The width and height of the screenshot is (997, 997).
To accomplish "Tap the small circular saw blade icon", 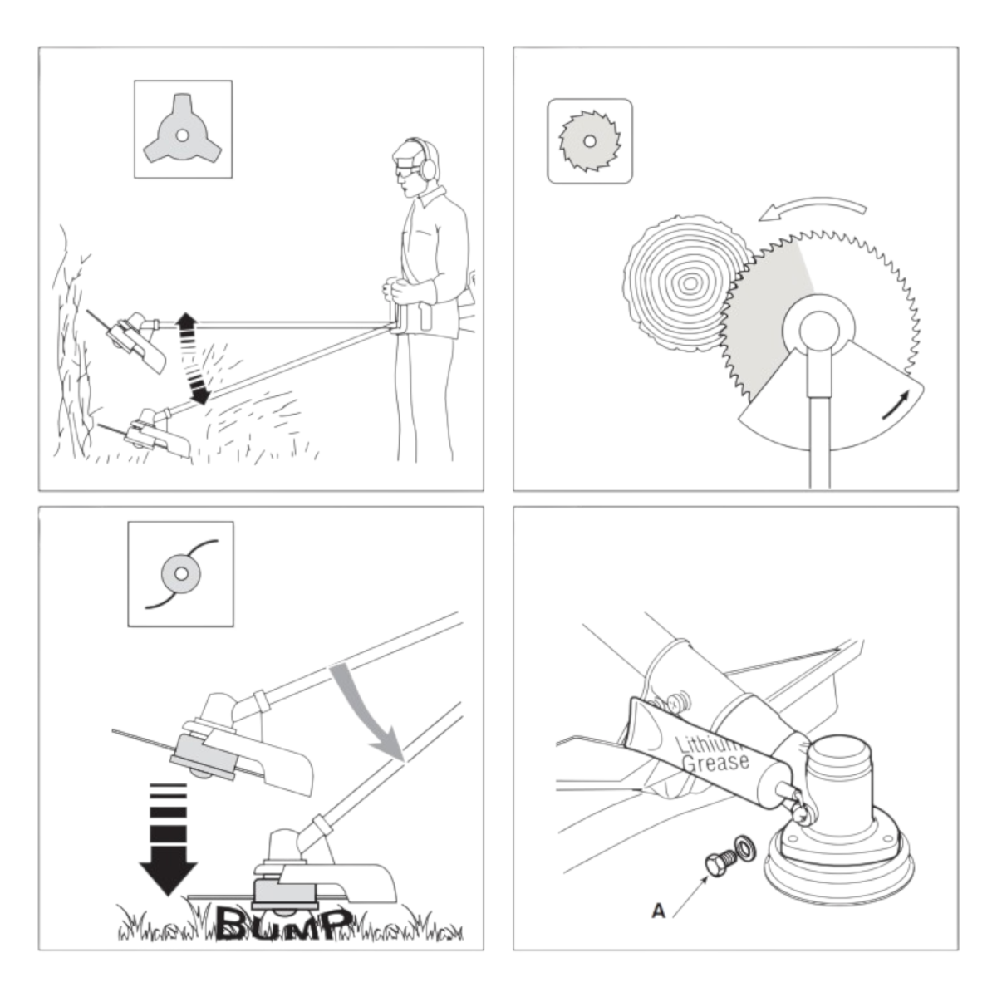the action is [589, 140].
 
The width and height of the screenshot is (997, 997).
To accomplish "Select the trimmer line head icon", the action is [181, 574].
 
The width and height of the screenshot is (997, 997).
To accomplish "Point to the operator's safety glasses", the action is [406, 169].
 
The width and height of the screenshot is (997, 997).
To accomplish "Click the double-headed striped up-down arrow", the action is [189, 358].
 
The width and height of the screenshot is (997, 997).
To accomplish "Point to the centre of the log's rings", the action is [689, 282].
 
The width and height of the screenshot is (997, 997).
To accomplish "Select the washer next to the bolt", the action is [744, 847].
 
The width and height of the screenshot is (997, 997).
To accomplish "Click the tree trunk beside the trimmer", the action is [71, 351].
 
